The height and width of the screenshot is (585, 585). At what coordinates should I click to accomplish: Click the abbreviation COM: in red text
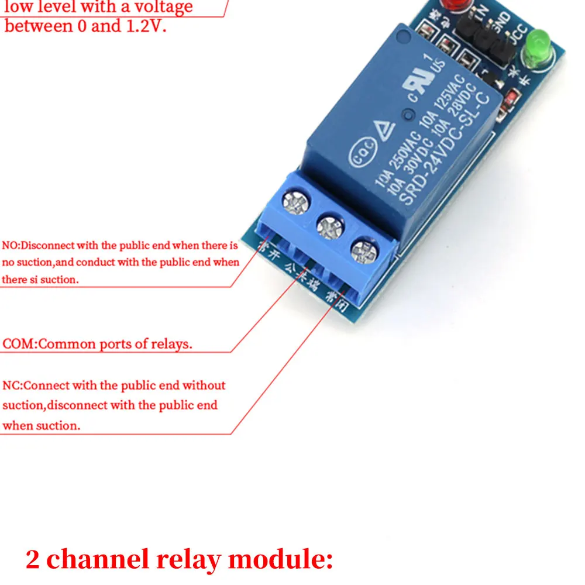coord(19,343)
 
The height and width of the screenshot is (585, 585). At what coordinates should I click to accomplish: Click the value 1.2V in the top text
coord(145,26)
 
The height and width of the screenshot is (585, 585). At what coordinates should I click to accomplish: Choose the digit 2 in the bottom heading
coord(33,560)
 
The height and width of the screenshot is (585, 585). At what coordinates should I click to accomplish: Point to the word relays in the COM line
coord(173,343)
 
